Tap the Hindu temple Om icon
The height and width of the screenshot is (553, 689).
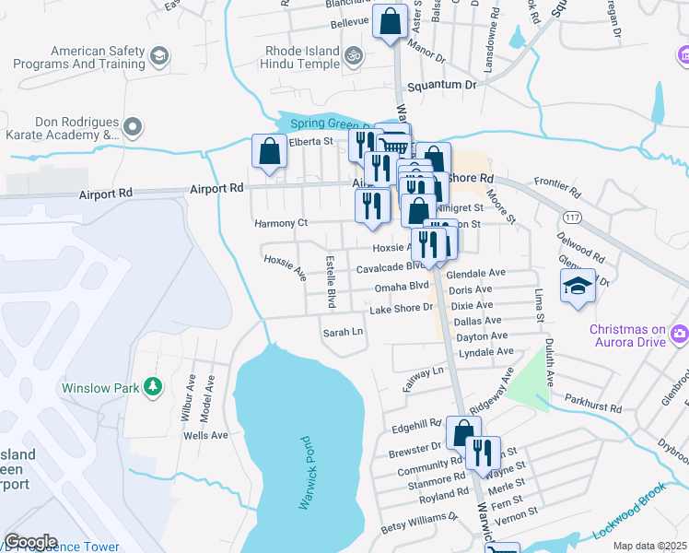point(352,58)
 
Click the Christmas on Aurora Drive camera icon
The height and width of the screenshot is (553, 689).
point(680,333)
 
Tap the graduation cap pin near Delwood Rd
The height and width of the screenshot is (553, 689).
point(578,285)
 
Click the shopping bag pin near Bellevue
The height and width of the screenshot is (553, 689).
point(391,20)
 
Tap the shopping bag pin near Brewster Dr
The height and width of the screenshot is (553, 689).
point(463,432)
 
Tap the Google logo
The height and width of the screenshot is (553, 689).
point(30,542)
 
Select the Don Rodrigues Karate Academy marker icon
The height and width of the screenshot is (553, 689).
point(134,127)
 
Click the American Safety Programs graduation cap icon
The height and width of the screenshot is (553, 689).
point(158,57)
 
